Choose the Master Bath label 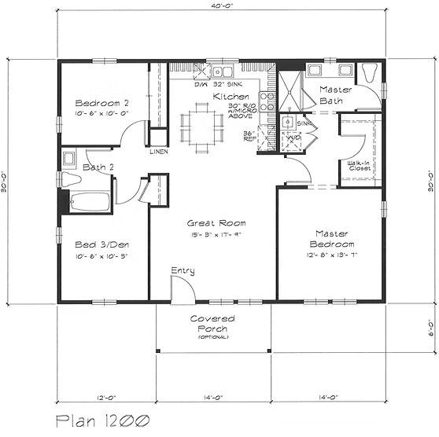(335, 95)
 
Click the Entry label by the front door (183, 271)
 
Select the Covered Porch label (212, 324)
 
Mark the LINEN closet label (157, 151)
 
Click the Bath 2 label (98, 167)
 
